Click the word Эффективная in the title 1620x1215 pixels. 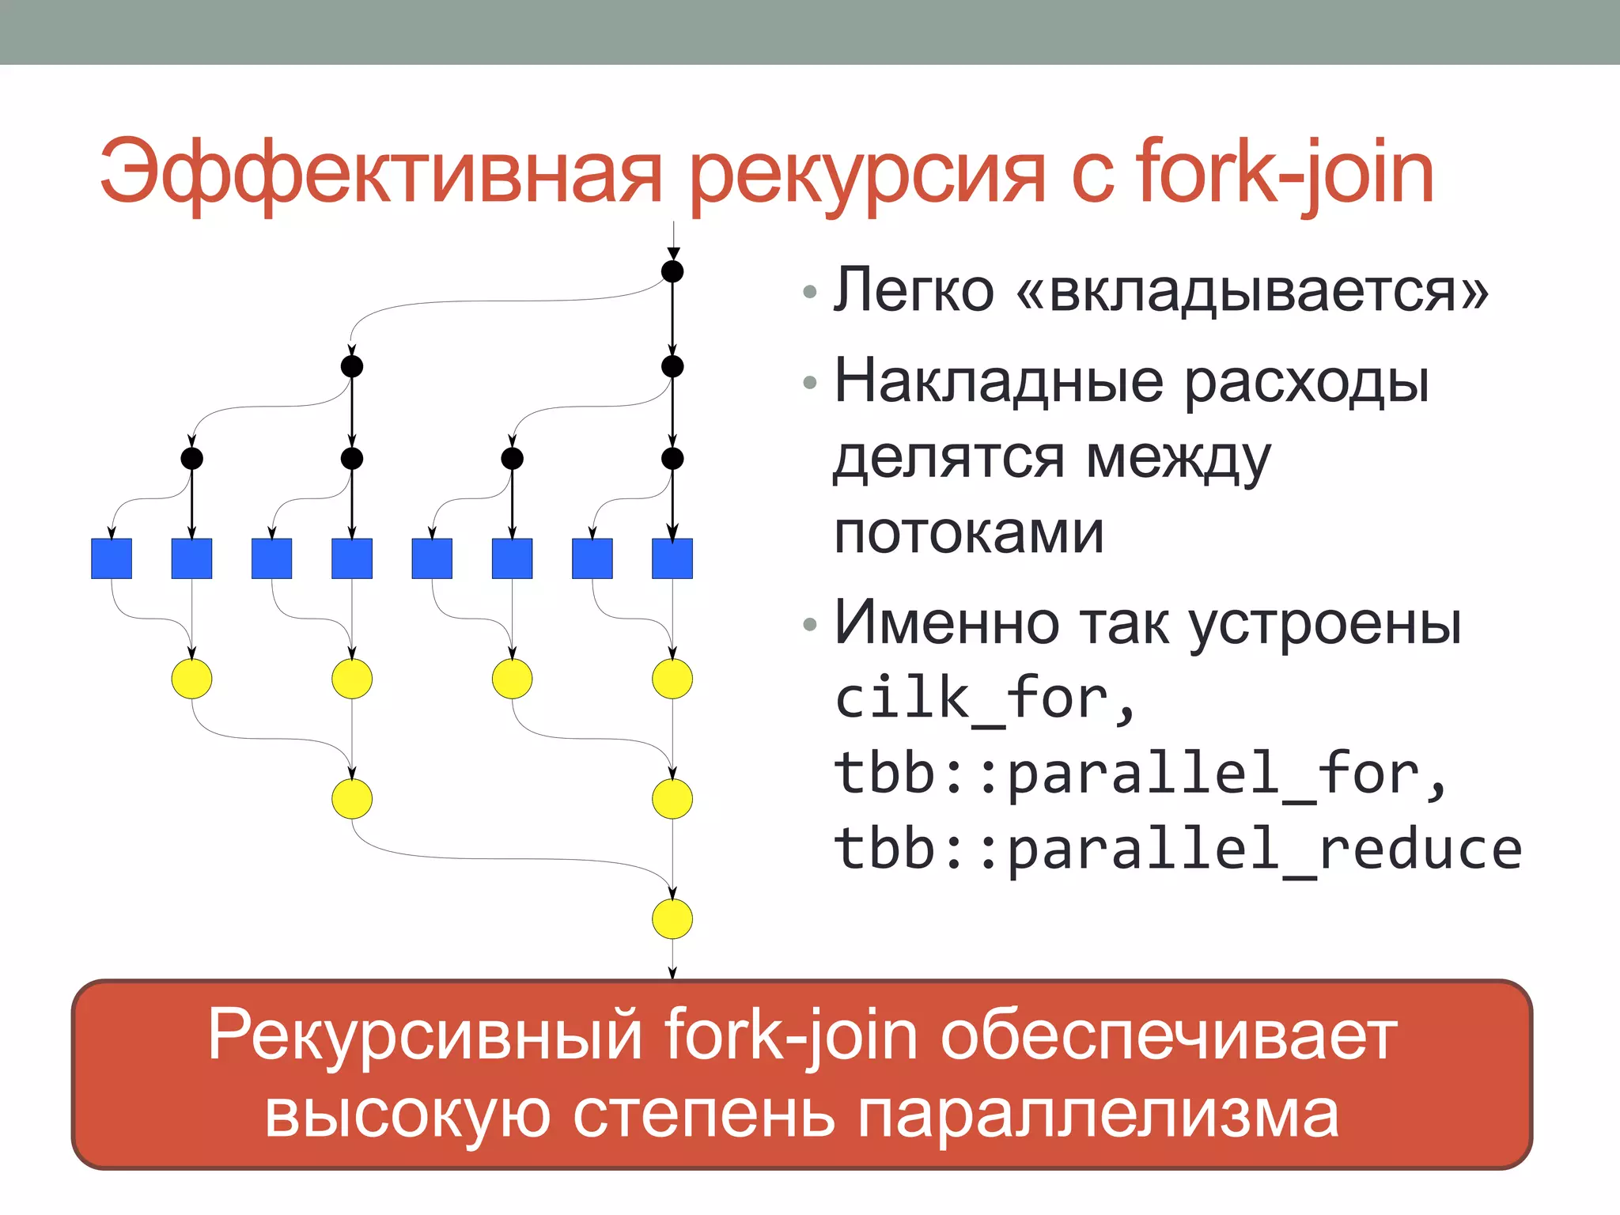click(380, 172)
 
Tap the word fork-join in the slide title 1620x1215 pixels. click(1285, 172)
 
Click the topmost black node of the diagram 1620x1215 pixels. click(672, 272)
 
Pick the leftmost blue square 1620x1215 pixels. click(112, 558)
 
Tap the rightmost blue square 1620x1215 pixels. click(672, 558)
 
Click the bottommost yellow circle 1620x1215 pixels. click(672, 919)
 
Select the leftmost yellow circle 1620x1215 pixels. click(191, 679)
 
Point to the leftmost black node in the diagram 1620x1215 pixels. click(191, 458)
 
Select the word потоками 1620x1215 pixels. click(969, 533)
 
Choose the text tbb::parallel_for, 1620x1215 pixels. click(1140, 774)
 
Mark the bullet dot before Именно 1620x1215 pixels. click(809, 625)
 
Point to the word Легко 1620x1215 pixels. click(914, 290)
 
